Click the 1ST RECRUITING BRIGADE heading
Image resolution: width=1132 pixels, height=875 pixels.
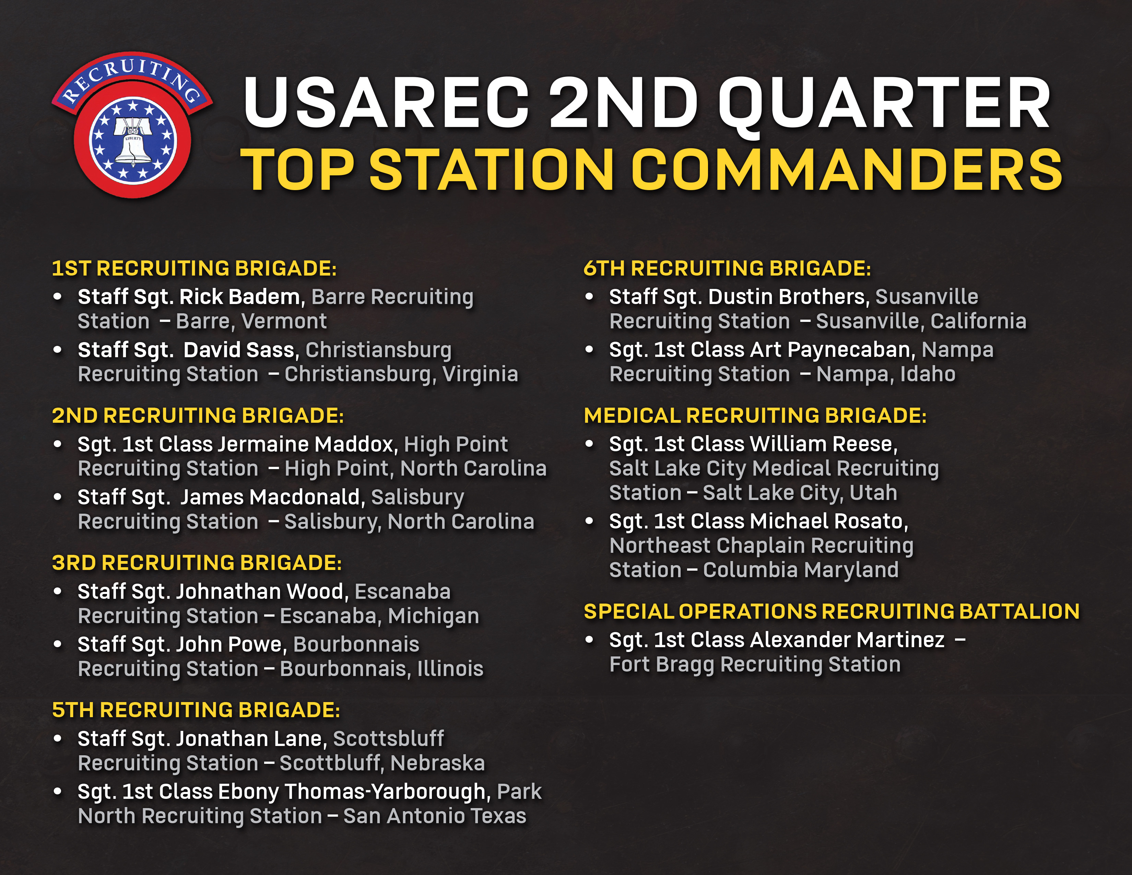click(194, 269)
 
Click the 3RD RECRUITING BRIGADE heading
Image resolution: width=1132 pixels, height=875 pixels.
click(197, 563)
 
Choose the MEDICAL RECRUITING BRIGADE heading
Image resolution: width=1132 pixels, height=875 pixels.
click(755, 416)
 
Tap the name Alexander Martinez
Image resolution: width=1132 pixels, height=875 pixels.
click(847, 640)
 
